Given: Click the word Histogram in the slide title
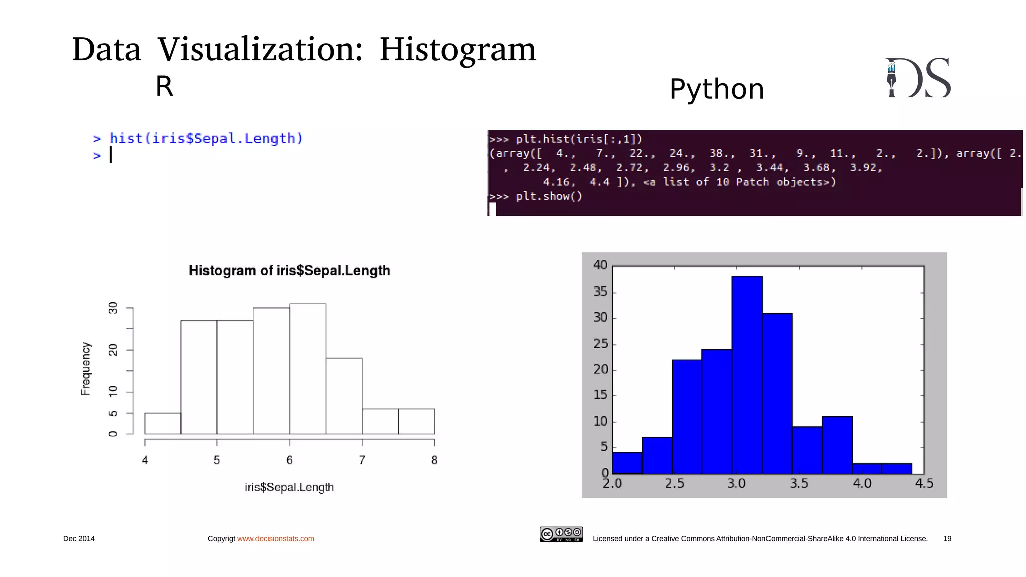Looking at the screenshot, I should [x=457, y=50].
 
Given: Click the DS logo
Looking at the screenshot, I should [x=918, y=78].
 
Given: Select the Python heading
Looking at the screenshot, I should [x=716, y=89].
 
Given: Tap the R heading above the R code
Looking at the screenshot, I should [x=164, y=86].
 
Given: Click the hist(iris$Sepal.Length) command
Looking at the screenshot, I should [x=206, y=138].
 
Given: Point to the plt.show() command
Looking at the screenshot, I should [x=549, y=196].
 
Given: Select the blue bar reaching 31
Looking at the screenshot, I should [x=777, y=393].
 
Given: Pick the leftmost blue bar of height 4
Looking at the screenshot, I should [x=627, y=463].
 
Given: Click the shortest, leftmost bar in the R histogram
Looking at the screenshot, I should [x=163, y=423].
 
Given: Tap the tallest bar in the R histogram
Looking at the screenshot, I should [x=308, y=368].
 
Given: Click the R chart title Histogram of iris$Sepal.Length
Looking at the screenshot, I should [x=289, y=271].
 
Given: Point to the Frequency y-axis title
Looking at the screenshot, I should [x=86, y=369].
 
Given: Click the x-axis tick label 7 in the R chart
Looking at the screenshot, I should [x=362, y=460].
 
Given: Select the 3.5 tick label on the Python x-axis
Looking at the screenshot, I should [x=799, y=484].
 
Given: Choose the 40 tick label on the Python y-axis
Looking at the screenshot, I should [x=600, y=265].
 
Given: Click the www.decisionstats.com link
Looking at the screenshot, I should [x=276, y=539].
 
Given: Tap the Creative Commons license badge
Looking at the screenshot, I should [x=561, y=534].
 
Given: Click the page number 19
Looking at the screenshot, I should [x=947, y=539].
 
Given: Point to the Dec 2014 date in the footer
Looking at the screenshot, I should [x=79, y=539].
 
